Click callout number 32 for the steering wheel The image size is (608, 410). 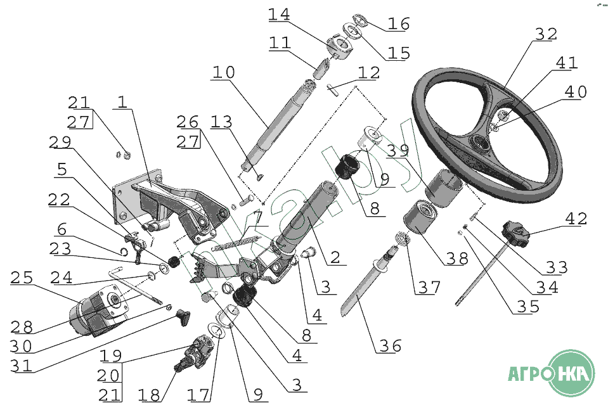545,35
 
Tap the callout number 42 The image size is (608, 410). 575,219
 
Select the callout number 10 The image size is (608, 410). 223,72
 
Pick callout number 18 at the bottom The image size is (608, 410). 150,395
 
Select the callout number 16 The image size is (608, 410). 399,24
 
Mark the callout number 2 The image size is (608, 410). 334,257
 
